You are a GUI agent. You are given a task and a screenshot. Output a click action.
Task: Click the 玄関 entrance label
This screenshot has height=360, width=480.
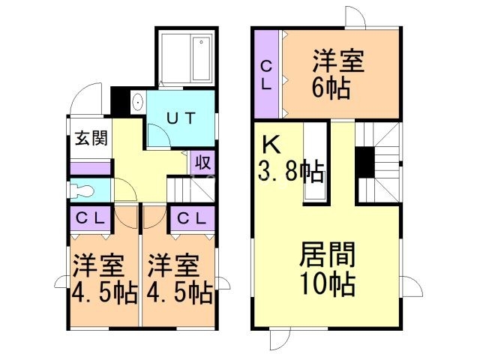90,139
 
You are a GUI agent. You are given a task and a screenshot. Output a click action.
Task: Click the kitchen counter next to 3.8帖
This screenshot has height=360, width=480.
314,163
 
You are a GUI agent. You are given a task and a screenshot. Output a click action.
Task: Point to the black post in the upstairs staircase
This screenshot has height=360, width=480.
364,162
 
